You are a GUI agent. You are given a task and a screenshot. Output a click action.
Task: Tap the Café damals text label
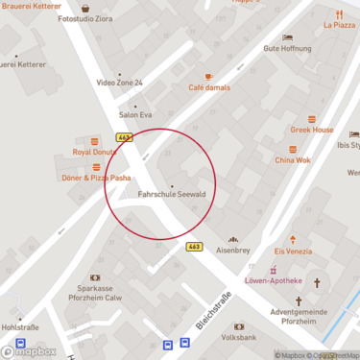point(208,87)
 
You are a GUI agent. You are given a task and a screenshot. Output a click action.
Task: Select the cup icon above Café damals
point(208,76)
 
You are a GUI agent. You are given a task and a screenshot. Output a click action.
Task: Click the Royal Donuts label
point(94,152)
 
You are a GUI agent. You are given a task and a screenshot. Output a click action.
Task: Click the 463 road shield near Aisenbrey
point(195,247)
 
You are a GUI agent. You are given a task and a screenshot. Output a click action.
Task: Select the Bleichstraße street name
point(213,310)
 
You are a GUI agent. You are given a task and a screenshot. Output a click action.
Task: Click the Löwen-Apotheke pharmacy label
point(274,281)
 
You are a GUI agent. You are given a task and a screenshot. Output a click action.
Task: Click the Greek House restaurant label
point(312,130)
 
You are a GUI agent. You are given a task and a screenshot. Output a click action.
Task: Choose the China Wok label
point(293,160)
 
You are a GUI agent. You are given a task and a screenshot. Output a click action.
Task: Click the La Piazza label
point(339,26)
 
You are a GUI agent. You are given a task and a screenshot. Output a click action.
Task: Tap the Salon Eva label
point(135,114)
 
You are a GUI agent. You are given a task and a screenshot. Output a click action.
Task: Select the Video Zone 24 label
point(120,84)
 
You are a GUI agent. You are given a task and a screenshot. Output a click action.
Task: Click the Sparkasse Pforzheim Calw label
point(95,293)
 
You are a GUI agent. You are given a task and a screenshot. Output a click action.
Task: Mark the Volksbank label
point(238,338)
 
